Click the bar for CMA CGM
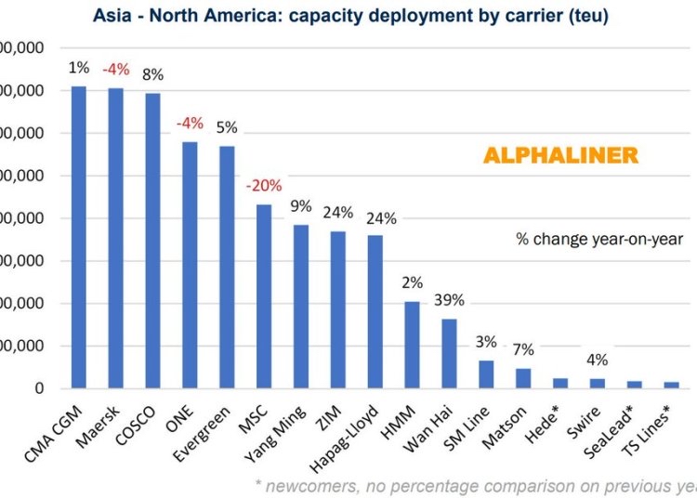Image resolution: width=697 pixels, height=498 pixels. [x=79, y=237]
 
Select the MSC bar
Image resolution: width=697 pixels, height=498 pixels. [x=264, y=296]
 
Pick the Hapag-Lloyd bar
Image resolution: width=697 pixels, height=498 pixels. [x=375, y=311]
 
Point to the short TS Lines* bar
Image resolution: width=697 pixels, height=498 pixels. [x=671, y=385]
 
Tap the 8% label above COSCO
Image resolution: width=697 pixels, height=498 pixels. [x=152, y=74]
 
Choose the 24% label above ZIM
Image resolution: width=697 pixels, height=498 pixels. [x=337, y=213]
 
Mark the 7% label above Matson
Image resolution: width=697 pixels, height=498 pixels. [x=523, y=350]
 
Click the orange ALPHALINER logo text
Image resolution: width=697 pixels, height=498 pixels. [x=560, y=156]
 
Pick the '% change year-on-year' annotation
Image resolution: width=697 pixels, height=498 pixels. [x=599, y=239]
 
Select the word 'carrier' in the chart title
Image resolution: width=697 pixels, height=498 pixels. [x=530, y=17]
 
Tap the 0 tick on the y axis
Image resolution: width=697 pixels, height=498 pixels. [x=38, y=388]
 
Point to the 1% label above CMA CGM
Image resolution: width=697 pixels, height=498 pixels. [x=79, y=68]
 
